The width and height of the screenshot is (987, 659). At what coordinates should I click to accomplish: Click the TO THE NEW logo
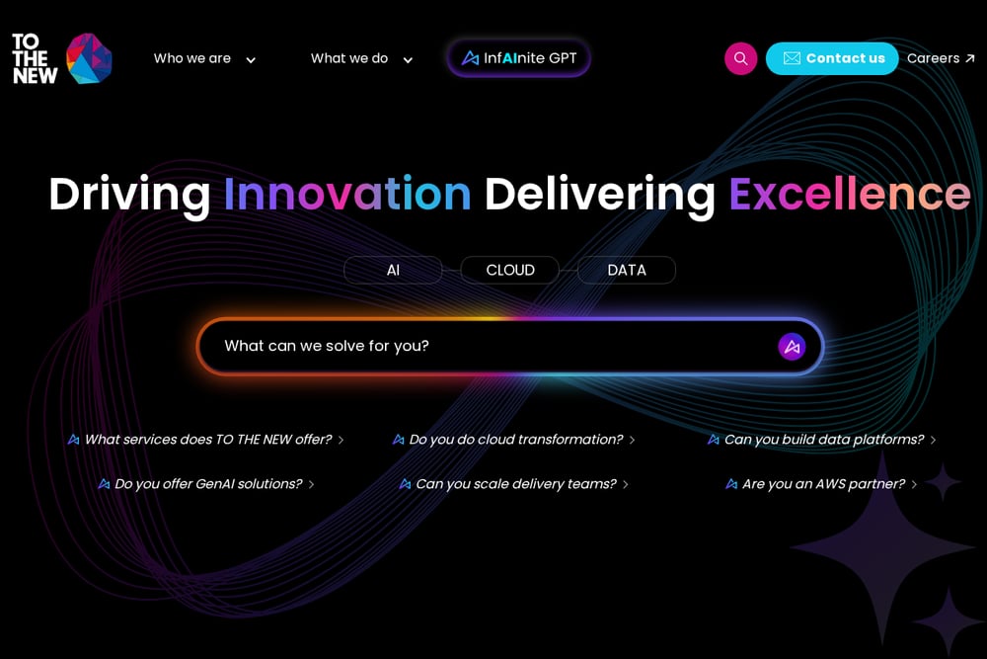point(61,58)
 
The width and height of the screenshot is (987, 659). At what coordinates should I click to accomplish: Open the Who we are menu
point(204,58)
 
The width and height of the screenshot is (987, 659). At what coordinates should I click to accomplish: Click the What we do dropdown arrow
point(408,60)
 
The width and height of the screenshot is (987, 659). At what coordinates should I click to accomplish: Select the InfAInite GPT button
point(519,58)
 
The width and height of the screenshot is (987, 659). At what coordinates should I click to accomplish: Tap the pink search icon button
point(741,58)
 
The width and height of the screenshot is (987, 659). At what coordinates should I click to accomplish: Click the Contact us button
point(832,58)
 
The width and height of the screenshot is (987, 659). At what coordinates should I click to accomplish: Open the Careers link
point(941,58)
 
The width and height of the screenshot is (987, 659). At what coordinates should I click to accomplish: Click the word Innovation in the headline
point(347,194)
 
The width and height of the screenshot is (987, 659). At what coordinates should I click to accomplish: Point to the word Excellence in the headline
point(850,194)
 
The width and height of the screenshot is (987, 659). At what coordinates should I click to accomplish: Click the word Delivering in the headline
point(600,195)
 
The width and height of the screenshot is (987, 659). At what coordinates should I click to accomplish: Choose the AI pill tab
point(393,271)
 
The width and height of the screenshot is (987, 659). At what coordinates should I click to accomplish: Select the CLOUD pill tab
point(510,271)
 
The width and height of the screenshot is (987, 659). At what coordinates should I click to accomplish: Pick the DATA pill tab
point(627,271)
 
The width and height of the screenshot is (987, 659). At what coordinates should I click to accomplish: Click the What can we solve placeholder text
point(327,346)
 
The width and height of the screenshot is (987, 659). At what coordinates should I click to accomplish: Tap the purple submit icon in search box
point(792,347)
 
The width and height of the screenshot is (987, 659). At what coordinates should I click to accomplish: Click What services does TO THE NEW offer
point(206,439)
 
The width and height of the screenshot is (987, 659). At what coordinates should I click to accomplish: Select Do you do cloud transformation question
point(513,439)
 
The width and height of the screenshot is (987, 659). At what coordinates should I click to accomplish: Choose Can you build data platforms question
point(822,439)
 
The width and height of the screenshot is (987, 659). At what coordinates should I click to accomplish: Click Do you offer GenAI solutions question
point(206,484)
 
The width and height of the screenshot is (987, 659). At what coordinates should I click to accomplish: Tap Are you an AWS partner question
point(821,484)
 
